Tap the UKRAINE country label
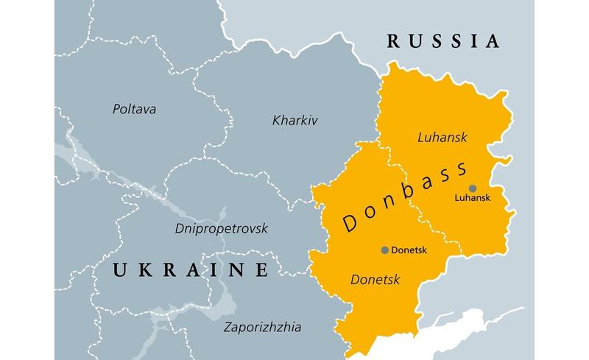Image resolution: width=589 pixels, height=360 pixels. click(x=190, y=270)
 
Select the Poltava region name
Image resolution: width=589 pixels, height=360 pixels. click(x=135, y=109)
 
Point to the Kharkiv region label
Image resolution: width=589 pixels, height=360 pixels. click(x=294, y=119)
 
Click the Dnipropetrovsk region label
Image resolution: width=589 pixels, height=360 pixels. click(x=222, y=229)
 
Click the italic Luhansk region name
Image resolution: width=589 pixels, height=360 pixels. click(x=442, y=137)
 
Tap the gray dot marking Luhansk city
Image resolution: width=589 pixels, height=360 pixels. click(x=473, y=188)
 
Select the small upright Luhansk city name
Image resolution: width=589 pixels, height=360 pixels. click(x=472, y=198)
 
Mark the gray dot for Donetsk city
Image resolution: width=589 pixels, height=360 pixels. click(x=384, y=250)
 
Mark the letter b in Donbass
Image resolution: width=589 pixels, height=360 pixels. click(x=408, y=194)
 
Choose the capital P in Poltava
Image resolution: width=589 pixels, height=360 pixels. click(x=116, y=109)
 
